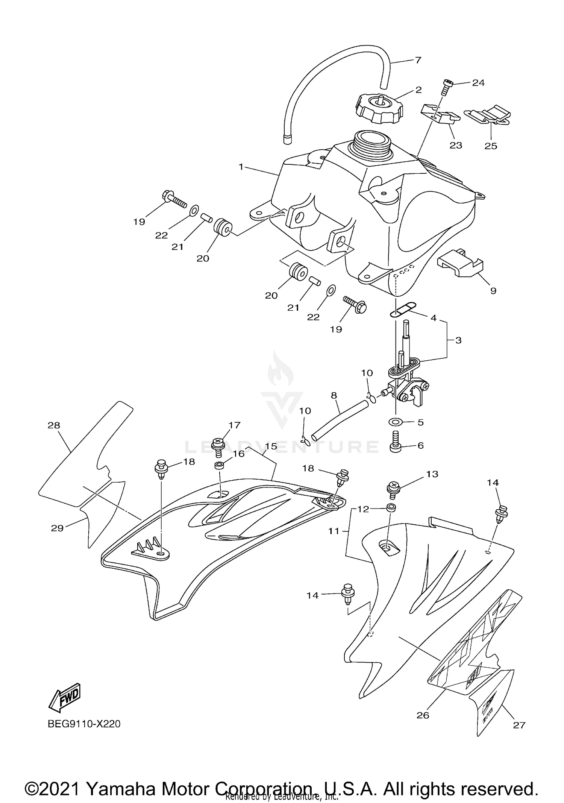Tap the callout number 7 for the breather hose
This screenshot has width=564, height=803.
[418, 60]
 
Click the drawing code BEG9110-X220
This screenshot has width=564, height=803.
[84, 724]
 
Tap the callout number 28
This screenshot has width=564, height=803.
[54, 425]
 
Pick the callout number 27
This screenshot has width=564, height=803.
[519, 725]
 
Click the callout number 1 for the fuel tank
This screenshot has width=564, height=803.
[241, 167]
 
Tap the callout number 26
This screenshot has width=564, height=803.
[423, 715]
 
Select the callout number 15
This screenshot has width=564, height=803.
[271, 446]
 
